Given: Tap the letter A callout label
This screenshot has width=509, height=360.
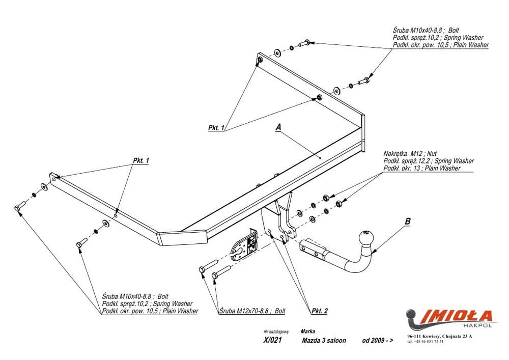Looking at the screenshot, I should pyautogui.click(x=278, y=128).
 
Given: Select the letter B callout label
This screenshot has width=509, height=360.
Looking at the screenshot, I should pyautogui.click(x=407, y=221).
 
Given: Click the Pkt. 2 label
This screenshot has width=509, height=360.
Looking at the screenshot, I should pyautogui.click(x=319, y=310).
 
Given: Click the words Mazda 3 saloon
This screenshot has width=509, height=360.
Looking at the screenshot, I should pyautogui.click(x=324, y=340).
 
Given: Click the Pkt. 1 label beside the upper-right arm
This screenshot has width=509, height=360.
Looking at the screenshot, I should pyautogui.click(x=216, y=128).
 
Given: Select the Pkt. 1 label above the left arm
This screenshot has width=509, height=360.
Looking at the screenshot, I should pyautogui.click(x=141, y=160).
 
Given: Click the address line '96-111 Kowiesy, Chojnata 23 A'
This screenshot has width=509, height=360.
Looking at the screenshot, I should pyautogui.click(x=440, y=336).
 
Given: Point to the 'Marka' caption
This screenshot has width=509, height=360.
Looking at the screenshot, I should pyautogui.click(x=307, y=330).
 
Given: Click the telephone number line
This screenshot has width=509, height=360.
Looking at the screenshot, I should pyautogui.click(x=425, y=342).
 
